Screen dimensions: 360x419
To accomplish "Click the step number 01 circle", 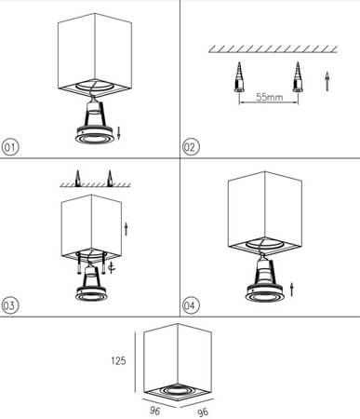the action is (x=10, y=147).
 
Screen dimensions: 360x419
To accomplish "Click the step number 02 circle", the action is (x=191, y=147).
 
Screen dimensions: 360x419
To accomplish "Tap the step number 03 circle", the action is (x=10, y=305).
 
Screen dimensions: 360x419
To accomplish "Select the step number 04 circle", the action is (x=191, y=305).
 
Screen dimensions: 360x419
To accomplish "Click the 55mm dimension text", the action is (x=270, y=97).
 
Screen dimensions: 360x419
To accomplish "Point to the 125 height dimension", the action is (x=118, y=360).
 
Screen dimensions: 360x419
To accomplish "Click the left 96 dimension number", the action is (x=155, y=411).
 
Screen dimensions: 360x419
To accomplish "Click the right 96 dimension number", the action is (x=203, y=412).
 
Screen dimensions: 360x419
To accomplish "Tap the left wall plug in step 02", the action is (x=239, y=77).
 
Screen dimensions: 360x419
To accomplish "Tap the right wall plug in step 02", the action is (x=298, y=77).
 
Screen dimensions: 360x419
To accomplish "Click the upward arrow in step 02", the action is (x=327, y=81).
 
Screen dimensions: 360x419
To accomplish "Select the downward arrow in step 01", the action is (x=118, y=133).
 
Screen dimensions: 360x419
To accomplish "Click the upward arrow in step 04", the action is (x=291, y=290).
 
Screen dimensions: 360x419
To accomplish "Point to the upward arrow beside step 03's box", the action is (x=126, y=228).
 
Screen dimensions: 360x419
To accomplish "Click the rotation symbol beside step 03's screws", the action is (x=112, y=267).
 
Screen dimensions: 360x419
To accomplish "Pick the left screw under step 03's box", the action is (x=79, y=264).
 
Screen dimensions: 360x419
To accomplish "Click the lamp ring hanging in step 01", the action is (x=93, y=135).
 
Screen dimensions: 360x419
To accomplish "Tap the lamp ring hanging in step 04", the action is (x=264, y=293).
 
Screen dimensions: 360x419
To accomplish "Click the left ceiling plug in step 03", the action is (x=77, y=178).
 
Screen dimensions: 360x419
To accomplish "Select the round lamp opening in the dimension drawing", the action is (x=178, y=389).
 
